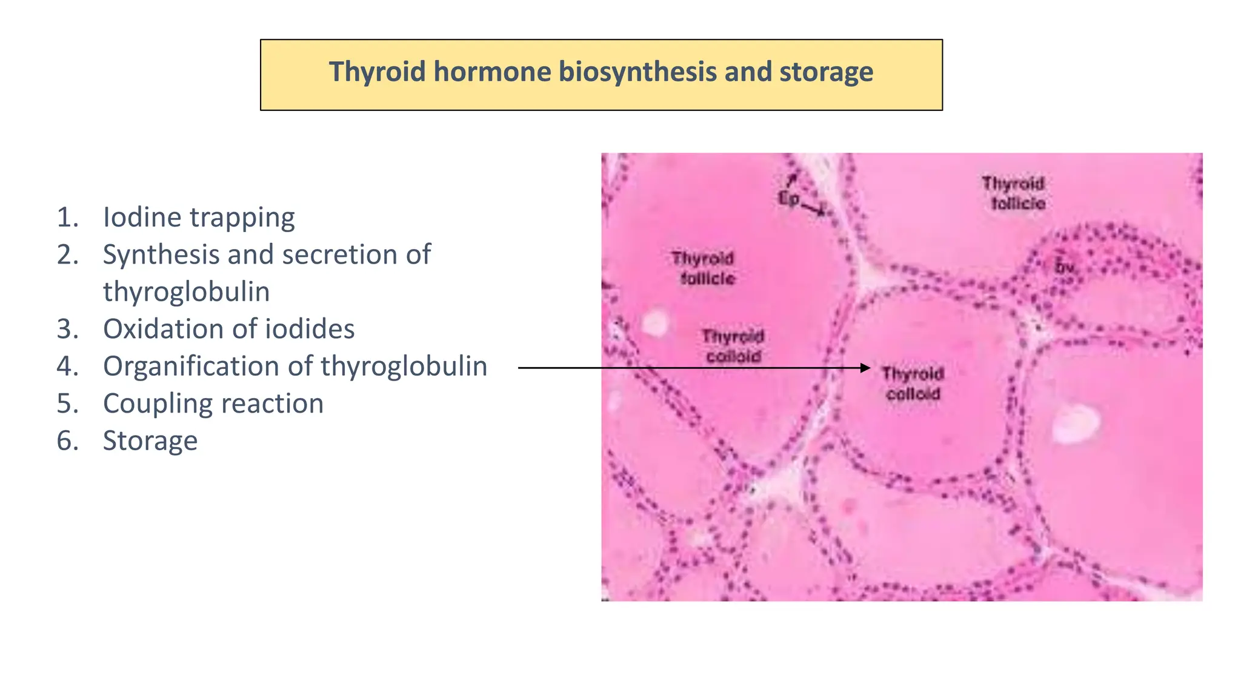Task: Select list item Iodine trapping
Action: coord(198,218)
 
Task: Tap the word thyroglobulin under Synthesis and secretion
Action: coord(186,292)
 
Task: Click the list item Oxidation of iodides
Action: coord(228,329)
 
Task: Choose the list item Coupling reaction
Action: coord(213,404)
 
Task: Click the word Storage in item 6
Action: coord(150,440)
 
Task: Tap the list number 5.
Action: coord(67,404)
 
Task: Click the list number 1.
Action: coord(67,218)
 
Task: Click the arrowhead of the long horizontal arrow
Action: coord(866,368)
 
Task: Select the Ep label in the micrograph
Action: coord(788,198)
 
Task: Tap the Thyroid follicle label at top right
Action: coord(1014,193)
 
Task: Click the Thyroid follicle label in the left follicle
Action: coord(704,268)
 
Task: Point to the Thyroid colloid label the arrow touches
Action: coord(913,384)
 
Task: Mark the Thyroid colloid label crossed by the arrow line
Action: coord(733,347)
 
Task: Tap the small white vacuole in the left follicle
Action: coord(654,323)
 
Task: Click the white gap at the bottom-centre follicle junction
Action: coord(779,485)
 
